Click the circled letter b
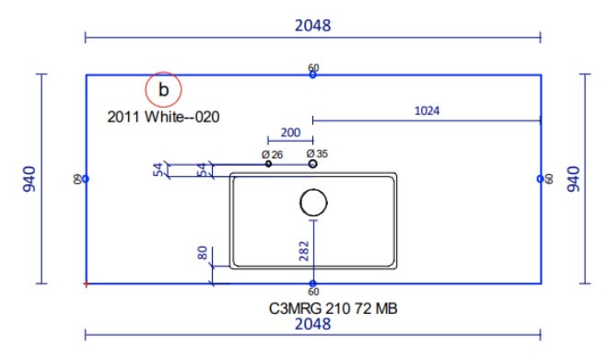(163, 89)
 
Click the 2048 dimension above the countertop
(313, 26)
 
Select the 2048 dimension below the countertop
(313, 324)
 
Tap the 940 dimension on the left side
(29, 179)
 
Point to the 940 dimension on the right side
(574, 179)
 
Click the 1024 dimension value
(427, 110)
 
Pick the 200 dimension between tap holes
(290, 133)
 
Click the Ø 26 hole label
(272, 155)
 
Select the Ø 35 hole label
(317, 154)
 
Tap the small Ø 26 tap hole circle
(268, 164)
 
